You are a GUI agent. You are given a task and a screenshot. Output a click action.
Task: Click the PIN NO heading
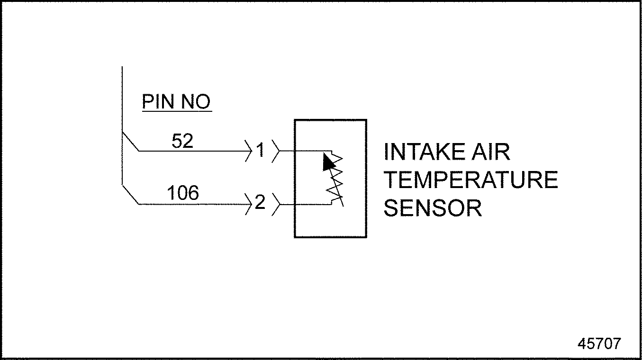click(176, 102)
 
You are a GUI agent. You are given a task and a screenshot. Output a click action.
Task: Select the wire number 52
click(182, 141)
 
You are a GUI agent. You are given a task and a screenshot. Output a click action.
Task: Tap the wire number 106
click(182, 193)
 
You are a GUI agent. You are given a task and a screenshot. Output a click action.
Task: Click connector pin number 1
click(260, 151)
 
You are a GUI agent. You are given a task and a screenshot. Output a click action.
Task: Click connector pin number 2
click(260, 203)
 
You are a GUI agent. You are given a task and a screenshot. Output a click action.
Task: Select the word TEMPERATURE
click(470, 180)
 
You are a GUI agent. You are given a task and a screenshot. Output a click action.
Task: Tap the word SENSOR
click(433, 208)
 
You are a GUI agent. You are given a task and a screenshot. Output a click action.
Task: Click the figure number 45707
click(598, 343)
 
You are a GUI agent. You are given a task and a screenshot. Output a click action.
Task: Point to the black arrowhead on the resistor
click(328, 162)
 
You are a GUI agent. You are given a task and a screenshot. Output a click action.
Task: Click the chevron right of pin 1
click(275, 151)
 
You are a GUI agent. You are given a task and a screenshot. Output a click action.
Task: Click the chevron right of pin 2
click(275, 204)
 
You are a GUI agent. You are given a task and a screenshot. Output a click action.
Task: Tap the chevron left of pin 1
click(249, 151)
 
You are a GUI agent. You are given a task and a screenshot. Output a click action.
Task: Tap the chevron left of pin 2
click(249, 204)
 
